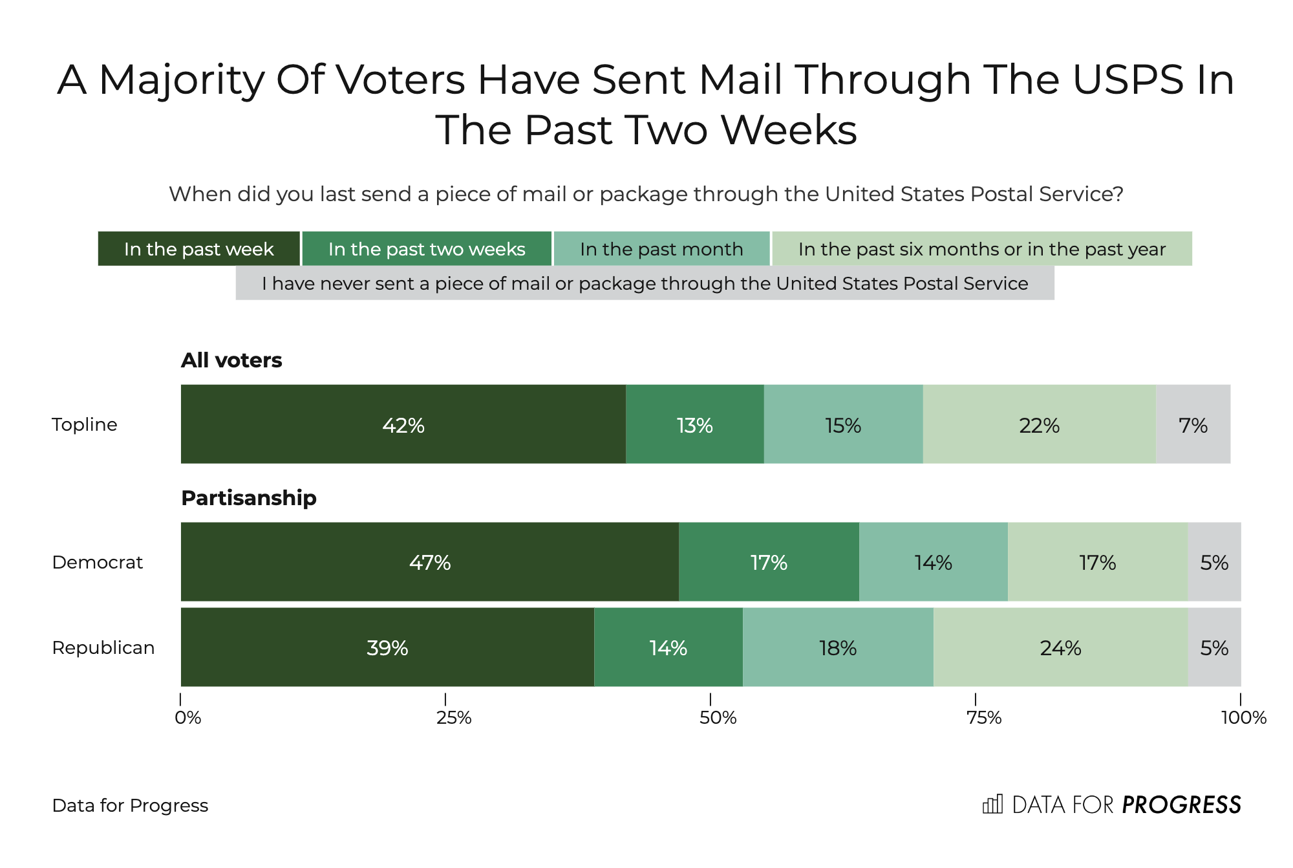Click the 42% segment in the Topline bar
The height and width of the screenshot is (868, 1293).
[x=403, y=425]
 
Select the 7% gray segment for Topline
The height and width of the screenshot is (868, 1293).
[x=1193, y=425]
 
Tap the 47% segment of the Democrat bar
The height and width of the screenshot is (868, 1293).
[x=430, y=562]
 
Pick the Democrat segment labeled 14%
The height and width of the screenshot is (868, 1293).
[x=933, y=562]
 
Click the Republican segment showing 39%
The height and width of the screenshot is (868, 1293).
[x=387, y=647]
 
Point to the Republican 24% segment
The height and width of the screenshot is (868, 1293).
[x=1060, y=647]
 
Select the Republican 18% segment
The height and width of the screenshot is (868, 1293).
[x=838, y=647]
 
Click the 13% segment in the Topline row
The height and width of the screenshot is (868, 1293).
[x=694, y=425]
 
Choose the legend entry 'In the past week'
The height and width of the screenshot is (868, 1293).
[x=198, y=249]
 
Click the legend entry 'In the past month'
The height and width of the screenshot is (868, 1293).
[x=661, y=249]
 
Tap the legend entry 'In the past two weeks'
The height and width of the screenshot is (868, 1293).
[x=427, y=249]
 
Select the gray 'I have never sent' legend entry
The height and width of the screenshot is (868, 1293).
[x=645, y=283]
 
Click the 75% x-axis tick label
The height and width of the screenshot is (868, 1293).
[x=983, y=717]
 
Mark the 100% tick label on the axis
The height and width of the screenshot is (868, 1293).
[x=1243, y=717]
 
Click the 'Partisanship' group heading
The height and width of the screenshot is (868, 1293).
[x=249, y=497]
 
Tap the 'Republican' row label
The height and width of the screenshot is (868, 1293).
[x=103, y=647]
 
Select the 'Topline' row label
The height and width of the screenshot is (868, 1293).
[x=85, y=425]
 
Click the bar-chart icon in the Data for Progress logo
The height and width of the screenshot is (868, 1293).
[x=992, y=804]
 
